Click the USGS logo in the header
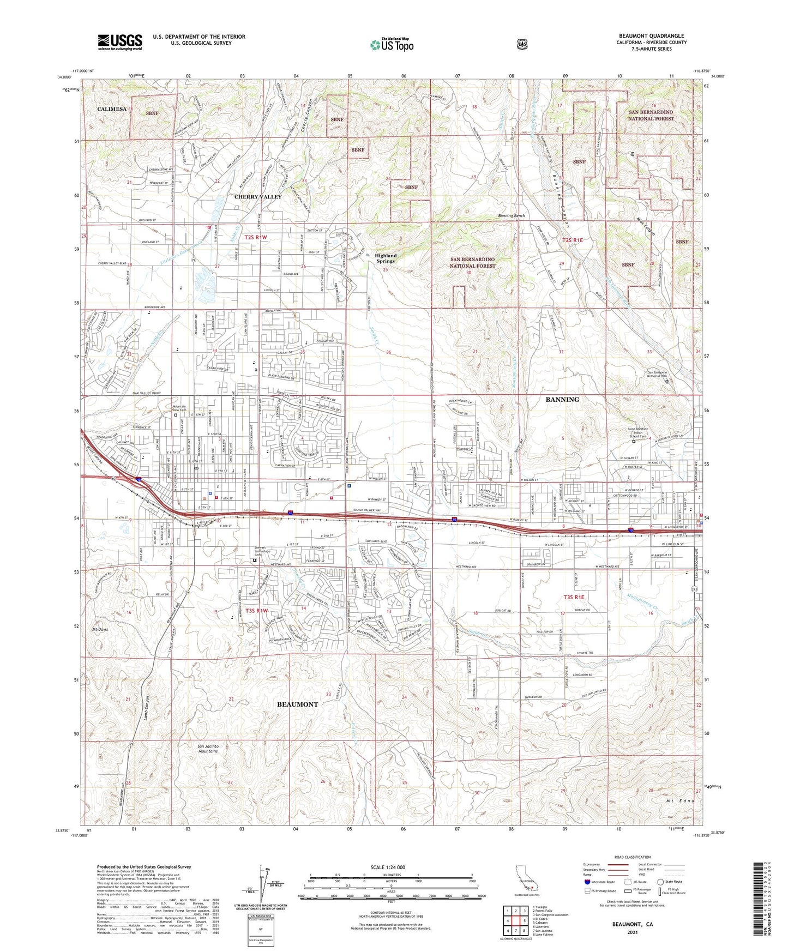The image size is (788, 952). pyautogui.click(x=120, y=42)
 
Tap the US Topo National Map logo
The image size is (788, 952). pyautogui.click(x=392, y=44)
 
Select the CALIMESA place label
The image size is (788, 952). pyautogui.click(x=112, y=109)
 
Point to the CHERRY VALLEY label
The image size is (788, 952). pyautogui.click(x=257, y=197)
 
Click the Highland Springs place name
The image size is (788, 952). pyautogui.click(x=386, y=258)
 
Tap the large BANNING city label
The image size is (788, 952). pyautogui.click(x=562, y=400)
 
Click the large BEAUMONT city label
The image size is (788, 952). pyautogui.click(x=297, y=704)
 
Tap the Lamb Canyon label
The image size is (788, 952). pyautogui.click(x=146, y=708)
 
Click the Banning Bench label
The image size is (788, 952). pyautogui.click(x=511, y=216)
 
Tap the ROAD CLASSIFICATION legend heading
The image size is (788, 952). pyautogui.click(x=631, y=858)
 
